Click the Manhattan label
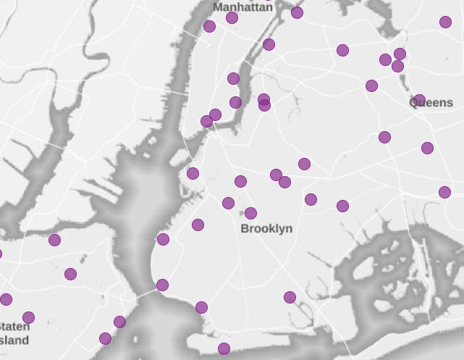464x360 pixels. (x=242, y=7)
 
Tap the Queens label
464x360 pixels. (x=432, y=103)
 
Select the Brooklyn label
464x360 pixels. (x=266, y=229)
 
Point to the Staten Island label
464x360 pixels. (x=14, y=333)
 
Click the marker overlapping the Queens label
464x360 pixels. (x=419, y=100)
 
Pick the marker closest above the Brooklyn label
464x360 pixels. (x=250, y=213)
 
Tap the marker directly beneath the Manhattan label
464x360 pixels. (x=232, y=17)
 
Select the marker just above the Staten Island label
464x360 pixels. (x=28, y=317)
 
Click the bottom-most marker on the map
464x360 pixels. (x=224, y=348)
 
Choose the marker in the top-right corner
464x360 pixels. (x=445, y=22)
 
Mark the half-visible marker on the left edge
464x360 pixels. (x=0, y=254)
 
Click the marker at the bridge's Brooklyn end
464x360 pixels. (x=162, y=285)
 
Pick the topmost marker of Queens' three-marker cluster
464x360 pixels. (x=400, y=54)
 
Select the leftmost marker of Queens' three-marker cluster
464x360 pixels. (x=385, y=59)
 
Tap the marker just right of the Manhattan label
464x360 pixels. (x=297, y=12)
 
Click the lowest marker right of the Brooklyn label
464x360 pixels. (x=290, y=297)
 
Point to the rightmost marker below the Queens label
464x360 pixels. (x=444, y=192)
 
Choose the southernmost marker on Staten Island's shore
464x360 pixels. (x=105, y=338)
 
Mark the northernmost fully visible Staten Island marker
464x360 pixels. (x=54, y=240)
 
